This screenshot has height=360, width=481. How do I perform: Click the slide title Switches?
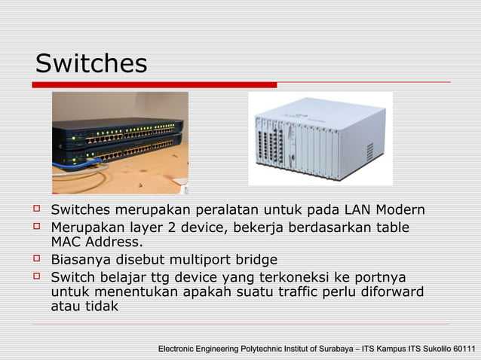pos(91,63)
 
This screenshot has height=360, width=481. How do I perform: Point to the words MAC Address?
pos(96,243)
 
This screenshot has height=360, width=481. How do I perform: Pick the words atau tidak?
pos(84,307)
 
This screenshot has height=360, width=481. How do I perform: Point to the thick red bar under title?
pos(155,85)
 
